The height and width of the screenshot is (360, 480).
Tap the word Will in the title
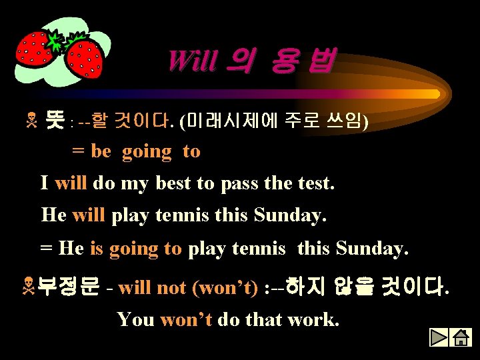(x=192, y=61)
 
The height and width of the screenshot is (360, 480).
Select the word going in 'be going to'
(x=147, y=151)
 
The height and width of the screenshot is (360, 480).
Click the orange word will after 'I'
(x=71, y=183)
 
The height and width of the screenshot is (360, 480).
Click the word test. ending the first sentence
(x=313, y=183)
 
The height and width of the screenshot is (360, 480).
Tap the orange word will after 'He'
(x=89, y=215)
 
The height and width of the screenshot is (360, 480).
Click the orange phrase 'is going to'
(x=135, y=249)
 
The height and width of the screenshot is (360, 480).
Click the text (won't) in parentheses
(x=225, y=288)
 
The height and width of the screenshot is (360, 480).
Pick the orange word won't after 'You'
(x=186, y=319)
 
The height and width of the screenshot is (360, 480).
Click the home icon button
(x=460, y=337)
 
